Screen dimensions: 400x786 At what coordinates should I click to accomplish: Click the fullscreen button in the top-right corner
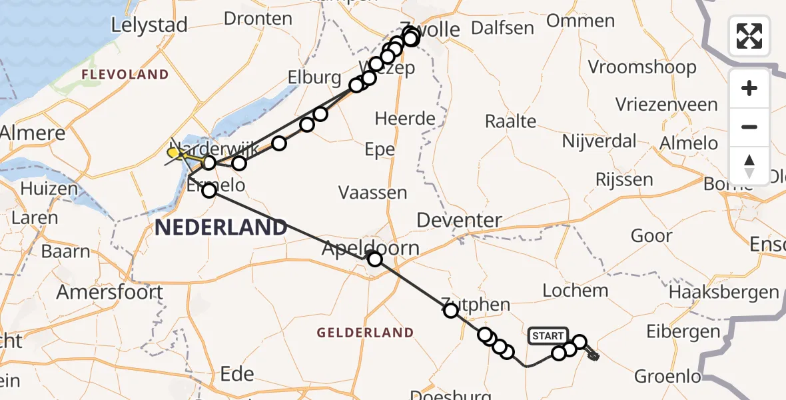749,35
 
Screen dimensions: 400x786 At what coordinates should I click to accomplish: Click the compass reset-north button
749,165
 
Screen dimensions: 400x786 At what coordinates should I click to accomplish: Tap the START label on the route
548,336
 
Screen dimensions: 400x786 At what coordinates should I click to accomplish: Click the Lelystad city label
149,25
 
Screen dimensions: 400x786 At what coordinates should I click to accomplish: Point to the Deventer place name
460,220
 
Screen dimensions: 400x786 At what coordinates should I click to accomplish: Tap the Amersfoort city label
110,292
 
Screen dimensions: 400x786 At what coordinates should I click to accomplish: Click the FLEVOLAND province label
125,74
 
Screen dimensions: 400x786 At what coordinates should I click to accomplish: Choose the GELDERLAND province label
365,332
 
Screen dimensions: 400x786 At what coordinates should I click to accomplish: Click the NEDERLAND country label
220,227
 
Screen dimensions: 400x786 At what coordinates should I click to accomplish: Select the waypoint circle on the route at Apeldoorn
375,259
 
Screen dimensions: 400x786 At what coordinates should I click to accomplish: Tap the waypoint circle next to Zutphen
451,310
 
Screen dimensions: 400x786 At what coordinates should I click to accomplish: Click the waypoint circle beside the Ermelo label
209,191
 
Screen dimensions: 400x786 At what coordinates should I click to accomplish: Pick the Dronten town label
258,19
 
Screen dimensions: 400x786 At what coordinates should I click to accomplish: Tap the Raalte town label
510,121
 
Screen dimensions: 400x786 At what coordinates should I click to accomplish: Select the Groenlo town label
667,376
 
